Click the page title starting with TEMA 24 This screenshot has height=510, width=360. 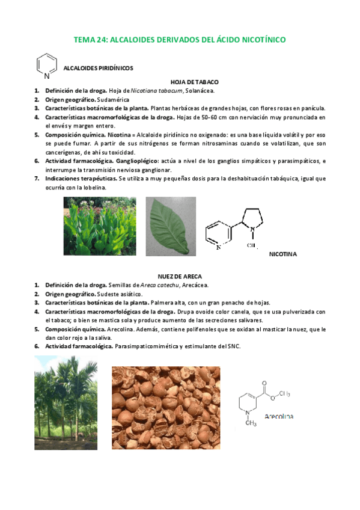pos(180,40)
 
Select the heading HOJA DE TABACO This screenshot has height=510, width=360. pos(194,81)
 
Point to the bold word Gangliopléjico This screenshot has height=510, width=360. pos(134,161)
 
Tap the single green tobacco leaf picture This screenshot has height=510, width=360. pos(171,226)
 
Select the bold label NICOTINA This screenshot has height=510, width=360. pos(282,254)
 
